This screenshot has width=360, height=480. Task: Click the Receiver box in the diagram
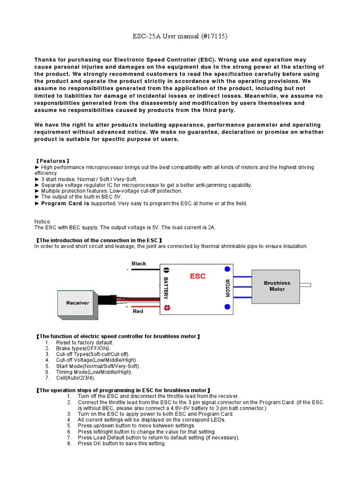click(x=77, y=303)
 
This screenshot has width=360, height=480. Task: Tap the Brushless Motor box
click(x=277, y=286)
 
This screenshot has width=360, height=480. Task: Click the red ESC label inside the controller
click(x=197, y=277)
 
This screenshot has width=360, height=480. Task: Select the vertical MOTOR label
click(x=228, y=288)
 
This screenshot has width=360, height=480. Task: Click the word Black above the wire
click(x=139, y=263)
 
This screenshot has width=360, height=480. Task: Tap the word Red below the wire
click(x=138, y=311)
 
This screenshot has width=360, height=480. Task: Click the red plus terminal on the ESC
click(x=167, y=307)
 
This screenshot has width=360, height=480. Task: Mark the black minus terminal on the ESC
click(x=167, y=268)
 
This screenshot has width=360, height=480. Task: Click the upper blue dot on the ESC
click(x=227, y=269)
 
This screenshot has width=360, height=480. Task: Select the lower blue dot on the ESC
click(x=227, y=307)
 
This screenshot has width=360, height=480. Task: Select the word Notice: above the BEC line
click(x=43, y=221)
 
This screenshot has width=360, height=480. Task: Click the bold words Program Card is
click(x=65, y=203)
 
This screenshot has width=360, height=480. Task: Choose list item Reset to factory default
click(x=85, y=343)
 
